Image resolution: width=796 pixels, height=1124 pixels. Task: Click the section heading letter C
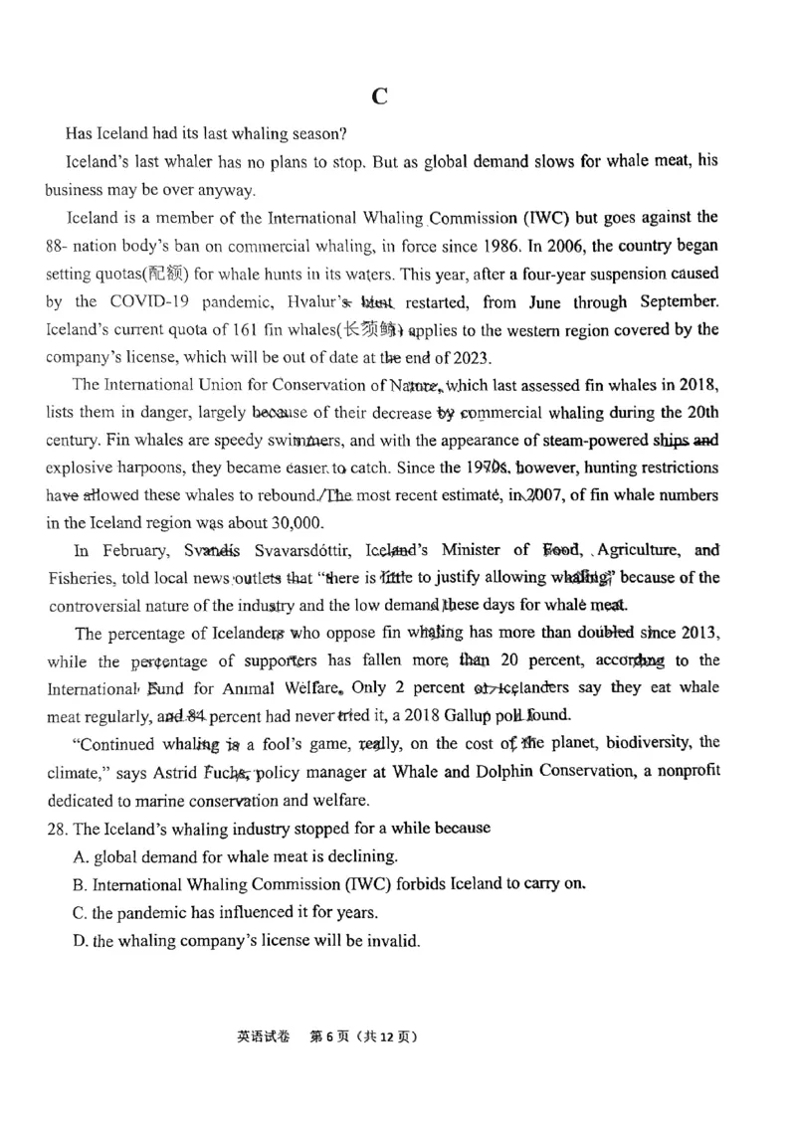pos(379,96)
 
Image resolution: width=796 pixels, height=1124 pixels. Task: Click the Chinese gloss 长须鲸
pos(373,330)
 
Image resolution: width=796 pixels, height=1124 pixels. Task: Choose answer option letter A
pos(80,855)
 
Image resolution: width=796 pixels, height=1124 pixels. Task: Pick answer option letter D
pos(80,940)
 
